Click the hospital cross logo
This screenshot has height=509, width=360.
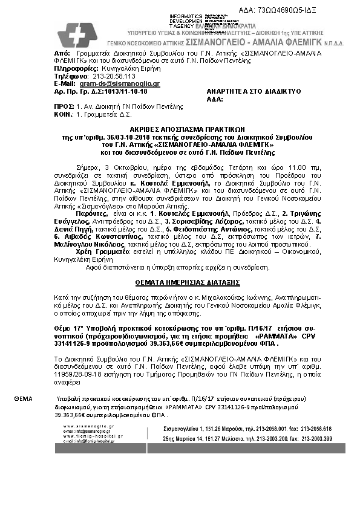77,36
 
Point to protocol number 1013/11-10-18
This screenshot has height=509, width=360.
125,90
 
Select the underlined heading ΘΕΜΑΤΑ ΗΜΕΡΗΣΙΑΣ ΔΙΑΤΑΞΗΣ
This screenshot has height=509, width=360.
180,282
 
